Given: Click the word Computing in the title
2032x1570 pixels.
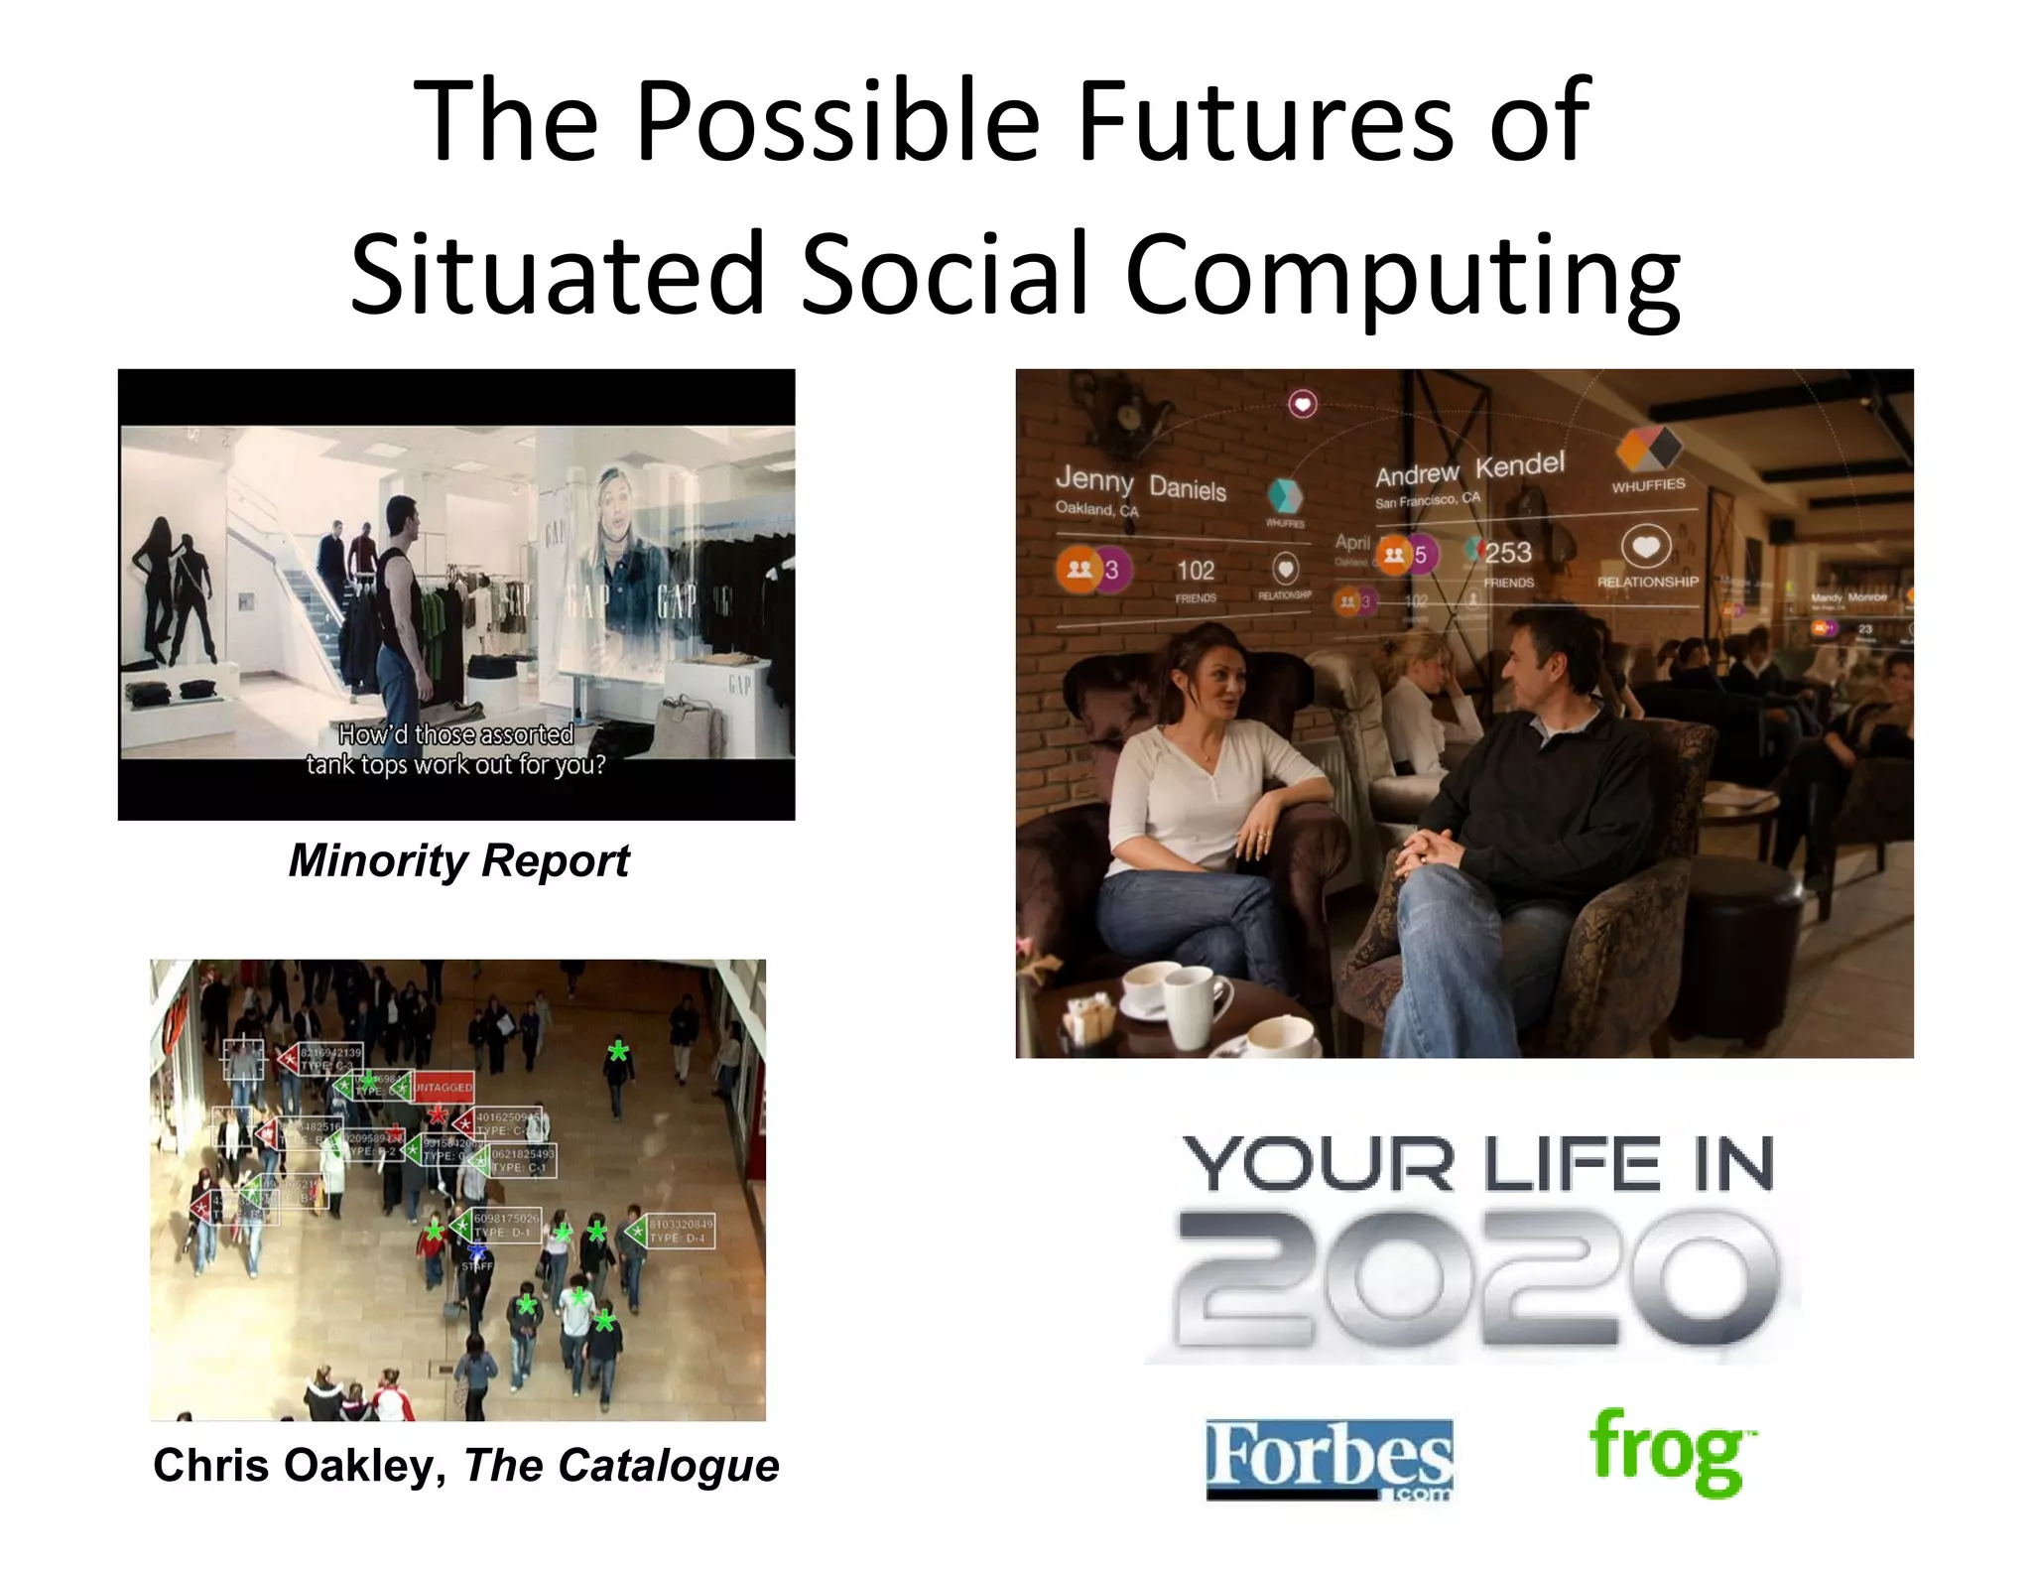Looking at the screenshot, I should click(x=1401, y=274).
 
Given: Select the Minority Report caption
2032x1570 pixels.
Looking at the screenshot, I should click(x=458, y=860).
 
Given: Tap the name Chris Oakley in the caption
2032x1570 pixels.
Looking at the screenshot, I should click(x=294, y=1465).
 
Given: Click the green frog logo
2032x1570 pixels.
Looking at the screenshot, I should click(x=1669, y=1451).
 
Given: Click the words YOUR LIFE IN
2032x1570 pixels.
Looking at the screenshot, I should click(x=1477, y=1163).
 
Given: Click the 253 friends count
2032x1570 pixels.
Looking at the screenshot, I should click(x=1507, y=553).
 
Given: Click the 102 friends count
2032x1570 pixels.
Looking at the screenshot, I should click(x=1196, y=571).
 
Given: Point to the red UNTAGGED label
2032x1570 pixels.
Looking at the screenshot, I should click(x=443, y=1088).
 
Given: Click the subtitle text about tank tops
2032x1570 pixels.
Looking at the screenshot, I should click(x=455, y=750).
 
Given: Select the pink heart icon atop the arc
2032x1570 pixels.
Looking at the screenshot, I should click(x=1302, y=404).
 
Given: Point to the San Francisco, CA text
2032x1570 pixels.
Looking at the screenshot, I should click(x=1426, y=500).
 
